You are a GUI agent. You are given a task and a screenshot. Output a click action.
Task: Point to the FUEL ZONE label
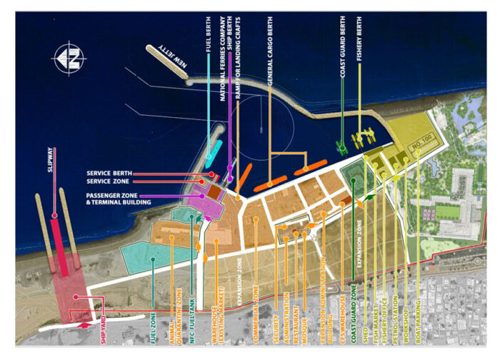click(x=154, y=315)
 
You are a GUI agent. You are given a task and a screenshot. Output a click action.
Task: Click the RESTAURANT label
click(x=295, y=312)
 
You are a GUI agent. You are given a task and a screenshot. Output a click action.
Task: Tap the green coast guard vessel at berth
click(x=342, y=146)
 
